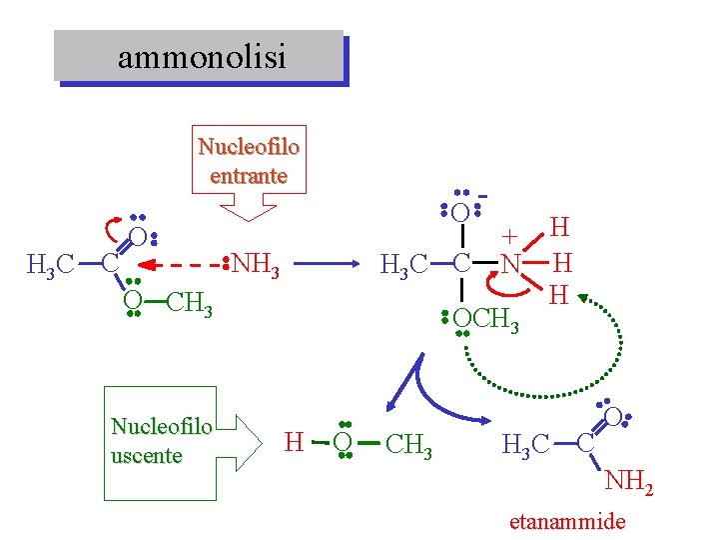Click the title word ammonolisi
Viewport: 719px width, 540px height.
(x=201, y=56)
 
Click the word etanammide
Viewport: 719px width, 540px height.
(x=566, y=521)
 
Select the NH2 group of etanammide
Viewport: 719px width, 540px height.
(x=628, y=485)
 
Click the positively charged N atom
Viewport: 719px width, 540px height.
(x=511, y=265)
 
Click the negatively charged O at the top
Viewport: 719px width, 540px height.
(x=459, y=213)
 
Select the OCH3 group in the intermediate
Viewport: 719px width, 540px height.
(x=485, y=321)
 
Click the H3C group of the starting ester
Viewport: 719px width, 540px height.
(x=50, y=265)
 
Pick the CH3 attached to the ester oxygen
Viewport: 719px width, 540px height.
(x=189, y=301)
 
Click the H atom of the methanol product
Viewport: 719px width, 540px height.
(x=294, y=441)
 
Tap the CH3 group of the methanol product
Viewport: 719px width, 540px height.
(x=407, y=442)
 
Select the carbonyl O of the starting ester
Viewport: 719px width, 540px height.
(x=139, y=238)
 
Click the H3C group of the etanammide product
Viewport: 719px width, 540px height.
(x=524, y=443)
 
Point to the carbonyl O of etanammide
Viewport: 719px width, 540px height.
(x=613, y=415)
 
